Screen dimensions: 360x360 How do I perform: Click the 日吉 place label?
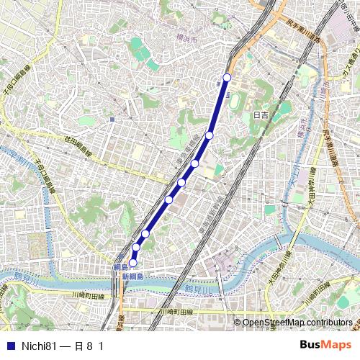(x=260, y=114)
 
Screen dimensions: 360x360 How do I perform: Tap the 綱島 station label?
(x=120, y=267)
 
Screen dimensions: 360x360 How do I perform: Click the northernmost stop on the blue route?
(x=227, y=77)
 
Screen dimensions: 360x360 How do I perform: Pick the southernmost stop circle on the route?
(x=132, y=263)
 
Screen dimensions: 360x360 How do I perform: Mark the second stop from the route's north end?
(x=210, y=135)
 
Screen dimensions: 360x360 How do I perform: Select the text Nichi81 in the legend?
(x=37, y=346)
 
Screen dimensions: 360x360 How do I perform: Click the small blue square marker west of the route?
(x=112, y=120)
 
